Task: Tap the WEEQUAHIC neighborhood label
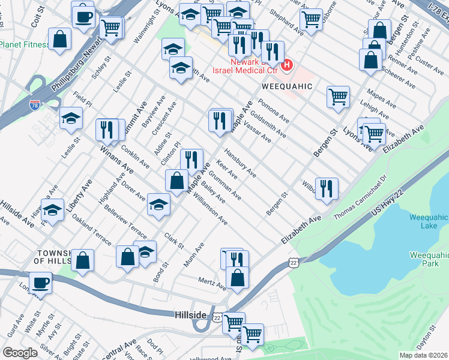click(x=286, y=86)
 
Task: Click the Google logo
click(x=20, y=352)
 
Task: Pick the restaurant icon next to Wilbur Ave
click(x=327, y=188)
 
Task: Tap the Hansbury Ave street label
click(x=240, y=163)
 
